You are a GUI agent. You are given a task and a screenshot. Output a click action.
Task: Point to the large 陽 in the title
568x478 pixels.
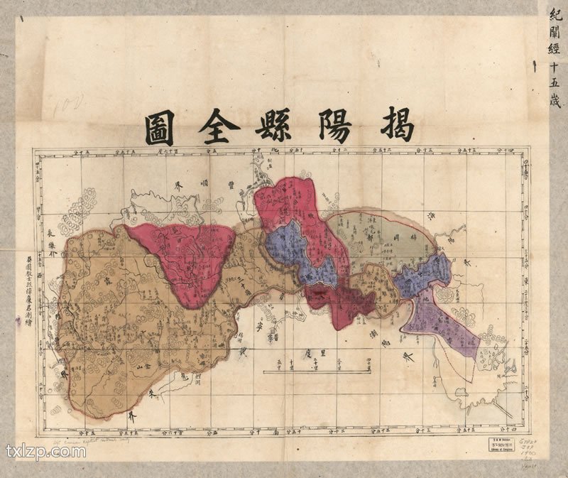tap(329, 126)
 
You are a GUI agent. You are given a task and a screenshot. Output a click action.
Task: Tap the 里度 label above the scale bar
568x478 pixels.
tap(319, 352)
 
